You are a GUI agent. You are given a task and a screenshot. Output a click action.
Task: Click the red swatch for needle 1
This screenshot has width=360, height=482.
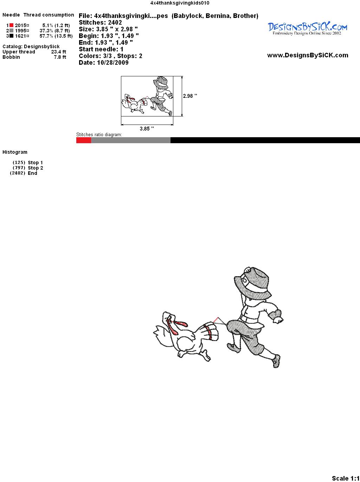tap(11, 25)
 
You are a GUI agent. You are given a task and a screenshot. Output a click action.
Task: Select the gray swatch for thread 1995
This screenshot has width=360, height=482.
tap(11, 31)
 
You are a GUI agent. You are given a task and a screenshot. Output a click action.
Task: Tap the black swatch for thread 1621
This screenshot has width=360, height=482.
tap(11, 36)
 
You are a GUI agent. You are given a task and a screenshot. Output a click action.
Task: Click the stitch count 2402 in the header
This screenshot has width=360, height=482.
tap(115, 23)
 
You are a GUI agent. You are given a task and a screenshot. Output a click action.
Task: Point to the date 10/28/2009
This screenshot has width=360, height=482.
tap(113, 63)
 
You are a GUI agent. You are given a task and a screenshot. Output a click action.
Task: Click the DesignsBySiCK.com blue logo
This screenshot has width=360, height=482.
tap(307, 28)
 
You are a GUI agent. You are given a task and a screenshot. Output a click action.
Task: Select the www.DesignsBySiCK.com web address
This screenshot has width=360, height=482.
tap(308, 55)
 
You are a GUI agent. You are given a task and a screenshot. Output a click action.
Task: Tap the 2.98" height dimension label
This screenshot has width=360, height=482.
tap(190, 96)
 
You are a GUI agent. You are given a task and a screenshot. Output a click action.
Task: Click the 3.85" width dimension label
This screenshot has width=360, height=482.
tap(147, 129)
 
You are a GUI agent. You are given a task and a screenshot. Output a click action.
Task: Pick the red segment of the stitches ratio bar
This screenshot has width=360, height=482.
tap(84, 140)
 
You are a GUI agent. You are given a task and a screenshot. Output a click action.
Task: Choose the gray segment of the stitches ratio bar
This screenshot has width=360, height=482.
tap(131, 140)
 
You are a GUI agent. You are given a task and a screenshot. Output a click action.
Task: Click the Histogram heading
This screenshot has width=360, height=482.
tap(15, 152)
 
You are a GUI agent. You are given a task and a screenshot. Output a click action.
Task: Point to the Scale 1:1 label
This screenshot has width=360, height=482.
tap(346, 478)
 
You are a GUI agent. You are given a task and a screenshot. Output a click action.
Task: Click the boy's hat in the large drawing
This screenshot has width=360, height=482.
tap(253, 282)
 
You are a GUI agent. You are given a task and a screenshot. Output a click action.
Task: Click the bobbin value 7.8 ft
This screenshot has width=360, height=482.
tap(60, 57)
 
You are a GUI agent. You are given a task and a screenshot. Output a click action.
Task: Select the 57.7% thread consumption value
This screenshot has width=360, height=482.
tap(46, 36)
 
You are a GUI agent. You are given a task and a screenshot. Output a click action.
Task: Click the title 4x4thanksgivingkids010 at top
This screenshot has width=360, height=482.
tap(180, 3)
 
